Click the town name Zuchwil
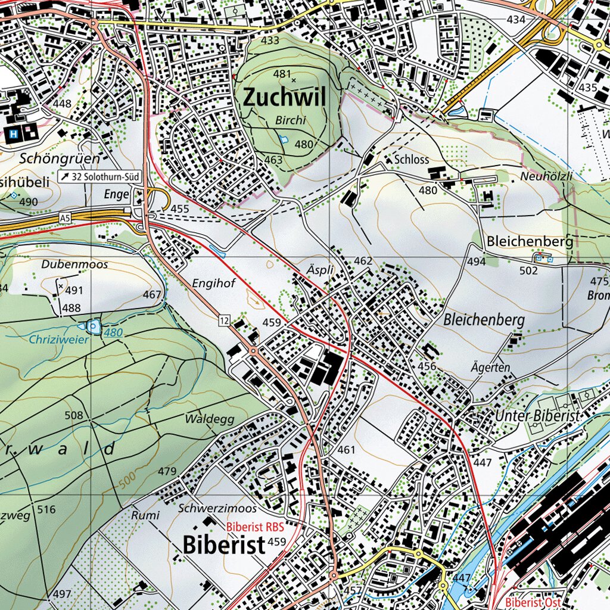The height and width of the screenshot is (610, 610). [284, 97]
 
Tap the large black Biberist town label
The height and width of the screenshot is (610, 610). [223, 545]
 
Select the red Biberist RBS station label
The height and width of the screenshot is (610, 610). [255, 527]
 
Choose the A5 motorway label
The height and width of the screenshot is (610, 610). [65, 219]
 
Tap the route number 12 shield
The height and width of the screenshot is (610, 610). [223, 321]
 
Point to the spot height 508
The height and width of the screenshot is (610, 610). [74, 415]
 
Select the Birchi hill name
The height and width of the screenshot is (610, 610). [291, 120]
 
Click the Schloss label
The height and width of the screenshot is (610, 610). [412, 160]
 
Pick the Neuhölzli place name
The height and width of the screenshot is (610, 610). [546, 177]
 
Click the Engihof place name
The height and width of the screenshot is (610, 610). [214, 284]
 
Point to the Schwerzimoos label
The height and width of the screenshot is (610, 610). [217, 509]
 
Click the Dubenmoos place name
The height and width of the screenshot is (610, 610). [75, 264]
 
